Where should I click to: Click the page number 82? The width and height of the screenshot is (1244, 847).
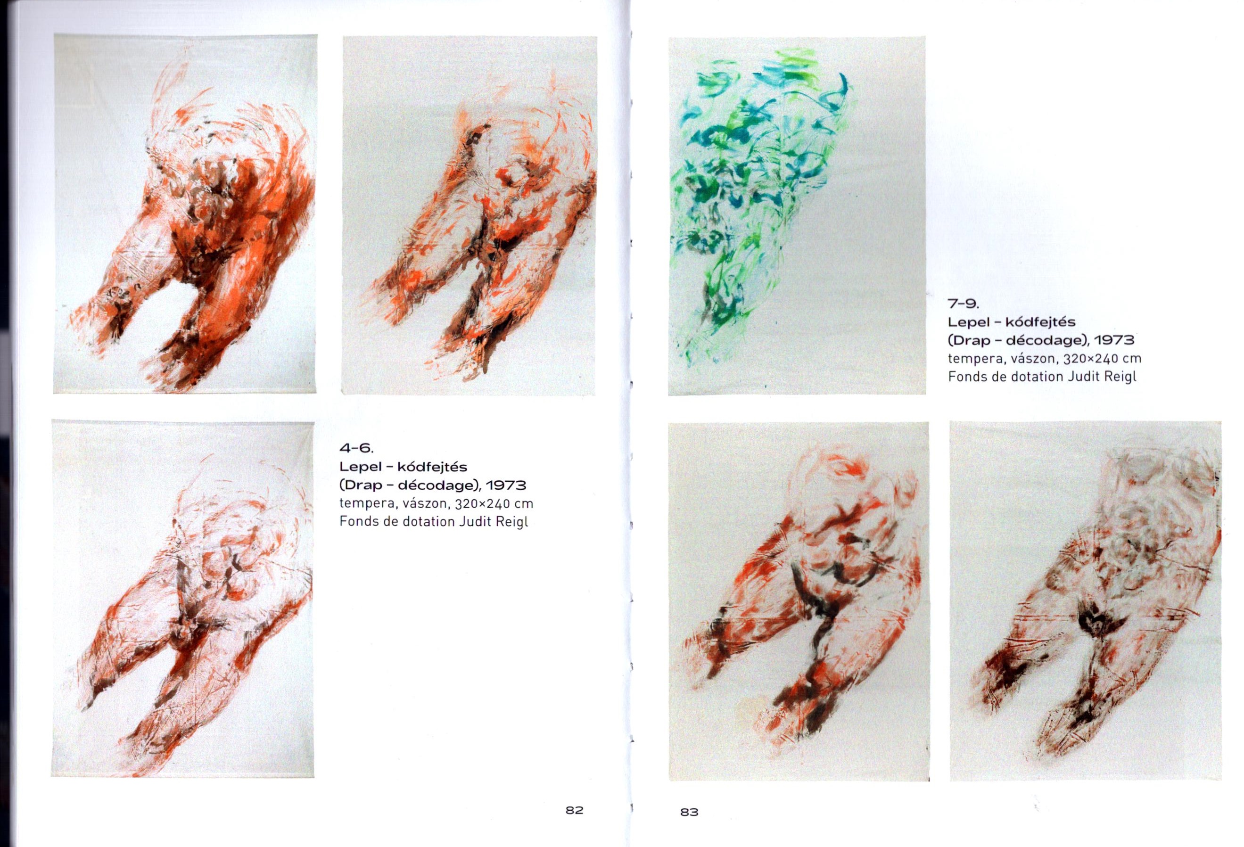click(574, 810)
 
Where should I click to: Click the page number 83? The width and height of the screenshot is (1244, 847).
click(690, 812)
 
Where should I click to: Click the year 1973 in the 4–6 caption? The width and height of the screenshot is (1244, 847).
click(506, 485)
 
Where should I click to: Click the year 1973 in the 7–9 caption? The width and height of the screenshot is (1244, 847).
click(1114, 340)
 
